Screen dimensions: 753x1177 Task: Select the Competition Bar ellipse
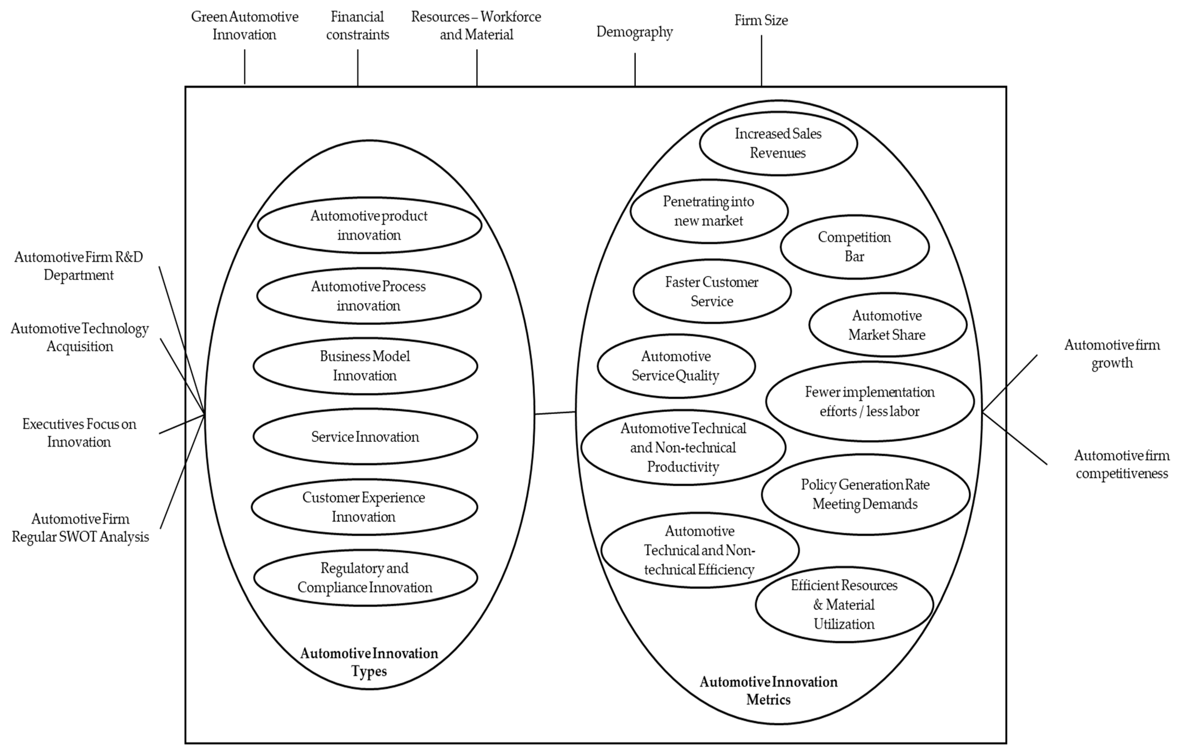click(x=854, y=247)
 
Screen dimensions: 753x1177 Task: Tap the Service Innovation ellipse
click(x=365, y=437)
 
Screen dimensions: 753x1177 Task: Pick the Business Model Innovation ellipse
click(x=365, y=366)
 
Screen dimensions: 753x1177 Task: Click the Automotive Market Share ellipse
click(x=887, y=325)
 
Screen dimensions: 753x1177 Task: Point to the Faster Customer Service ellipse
click(x=712, y=291)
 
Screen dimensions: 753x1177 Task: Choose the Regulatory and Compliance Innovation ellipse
click(x=365, y=578)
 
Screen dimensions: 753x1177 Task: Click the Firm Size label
click(x=761, y=21)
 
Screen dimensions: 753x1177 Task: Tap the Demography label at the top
click(x=635, y=32)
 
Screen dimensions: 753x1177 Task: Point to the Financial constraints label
click(x=357, y=26)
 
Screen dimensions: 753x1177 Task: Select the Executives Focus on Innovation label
click(x=79, y=433)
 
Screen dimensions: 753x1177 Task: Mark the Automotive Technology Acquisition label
click(x=80, y=338)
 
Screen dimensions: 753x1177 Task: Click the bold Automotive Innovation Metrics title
click(x=768, y=690)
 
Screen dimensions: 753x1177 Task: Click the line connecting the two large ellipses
click(x=555, y=413)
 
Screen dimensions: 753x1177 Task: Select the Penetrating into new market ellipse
click(x=709, y=211)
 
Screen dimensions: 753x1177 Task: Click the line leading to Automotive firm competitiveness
click(x=1016, y=439)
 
